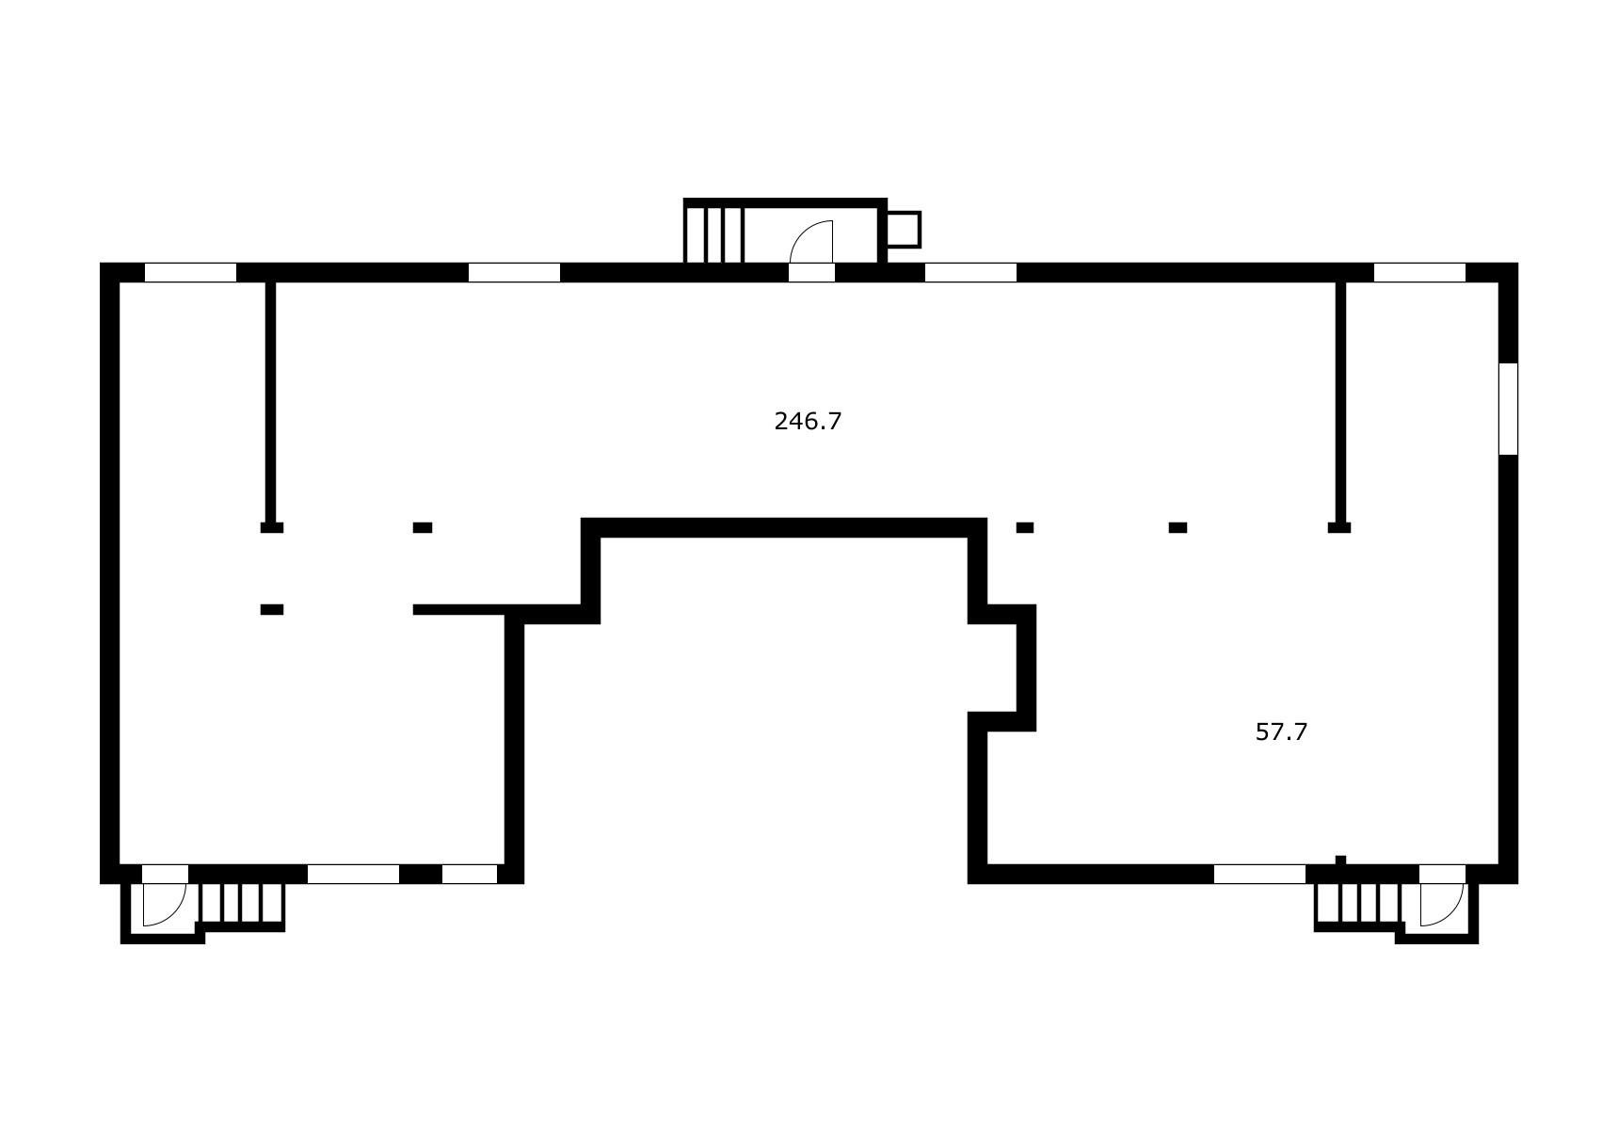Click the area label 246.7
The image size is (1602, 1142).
[808, 422]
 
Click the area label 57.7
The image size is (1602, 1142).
[1281, 732]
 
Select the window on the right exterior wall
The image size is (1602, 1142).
[1508, 409]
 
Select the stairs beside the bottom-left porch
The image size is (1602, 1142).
[242, 904]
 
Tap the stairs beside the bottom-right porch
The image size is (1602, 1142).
[1358, 904]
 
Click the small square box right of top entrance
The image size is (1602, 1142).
[904, 229]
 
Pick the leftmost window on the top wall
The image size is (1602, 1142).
[190, 273]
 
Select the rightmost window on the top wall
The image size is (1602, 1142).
[1419, 273]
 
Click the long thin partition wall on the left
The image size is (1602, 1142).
[270, 402]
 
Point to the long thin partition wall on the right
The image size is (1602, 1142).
[1341, 402]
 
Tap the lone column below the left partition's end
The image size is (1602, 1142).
[272, 610]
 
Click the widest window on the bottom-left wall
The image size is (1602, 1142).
[353, 875]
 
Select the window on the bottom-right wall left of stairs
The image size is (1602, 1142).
[1259, 875]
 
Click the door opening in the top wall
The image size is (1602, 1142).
[811, 273]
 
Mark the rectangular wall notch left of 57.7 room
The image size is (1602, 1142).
[1002, 668]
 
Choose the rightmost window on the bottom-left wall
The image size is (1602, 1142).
[469, 875]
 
